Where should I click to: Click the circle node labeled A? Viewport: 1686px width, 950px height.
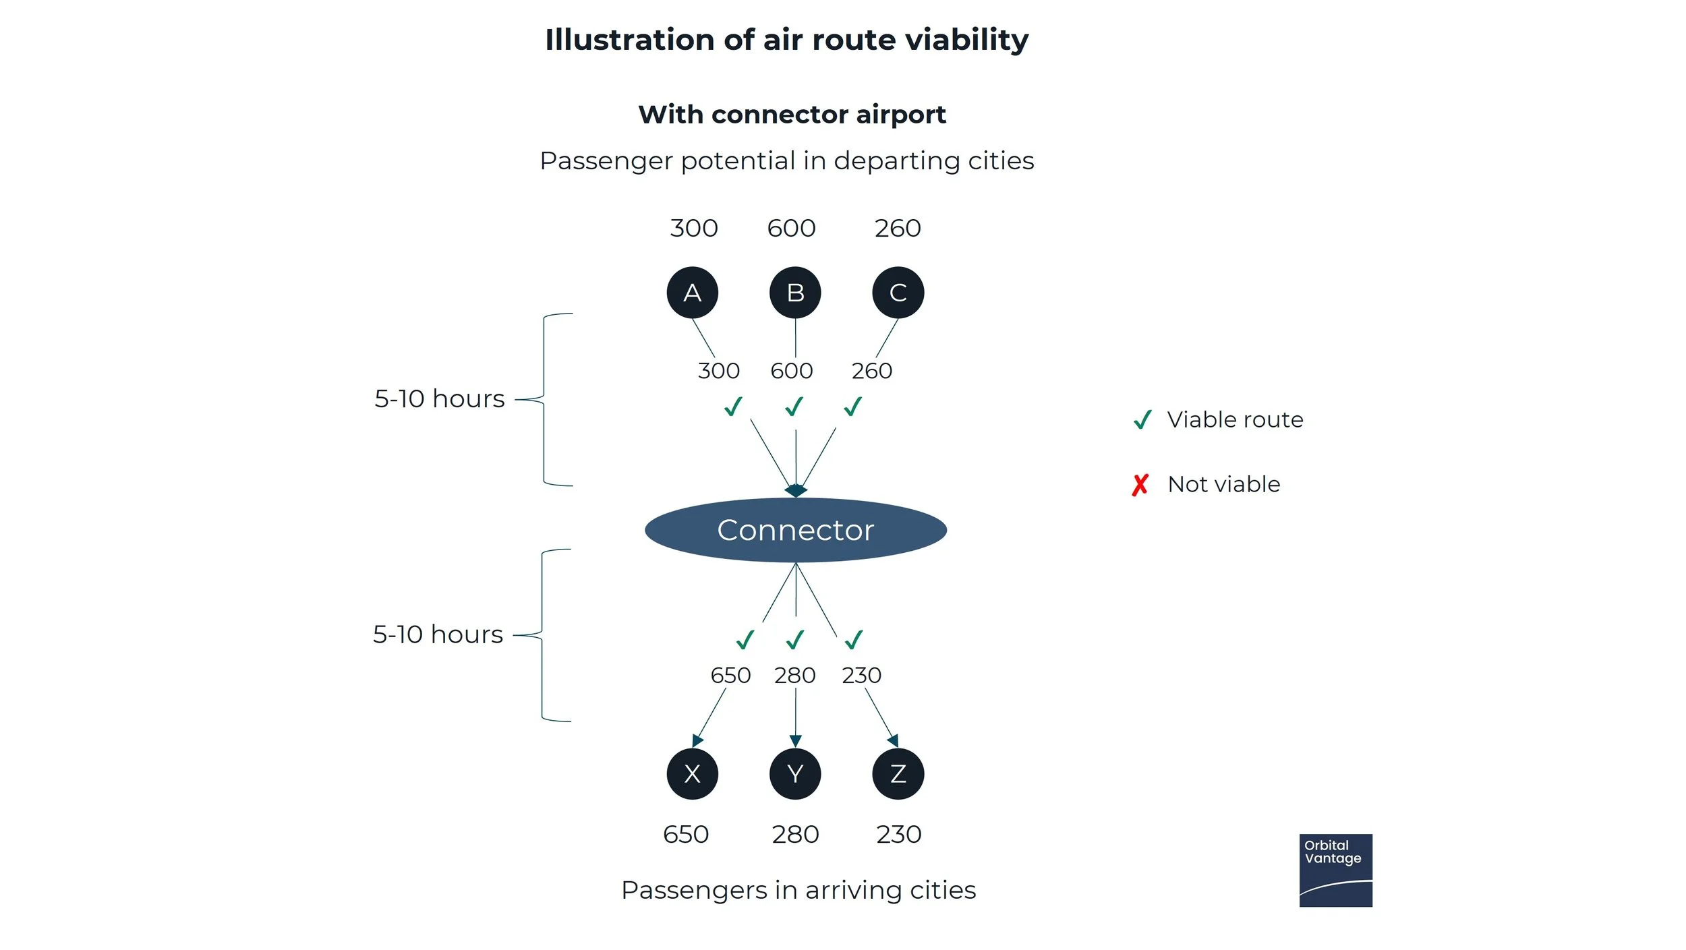point(692,293)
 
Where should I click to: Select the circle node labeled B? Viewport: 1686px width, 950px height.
point(795,293)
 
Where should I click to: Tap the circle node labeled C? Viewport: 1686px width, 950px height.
point(898,293)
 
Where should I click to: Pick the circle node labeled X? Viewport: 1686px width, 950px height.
point(692,773)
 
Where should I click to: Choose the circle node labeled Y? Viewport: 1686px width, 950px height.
point(795,773)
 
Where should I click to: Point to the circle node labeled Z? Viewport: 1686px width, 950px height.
point(898,773)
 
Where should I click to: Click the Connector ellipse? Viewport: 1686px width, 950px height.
point(795,530)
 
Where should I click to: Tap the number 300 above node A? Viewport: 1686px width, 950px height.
point(693,229)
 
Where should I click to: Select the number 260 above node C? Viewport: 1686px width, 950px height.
point(898,229)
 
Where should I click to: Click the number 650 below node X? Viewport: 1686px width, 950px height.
point(686,835)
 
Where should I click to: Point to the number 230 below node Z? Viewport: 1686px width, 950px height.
point(898,835)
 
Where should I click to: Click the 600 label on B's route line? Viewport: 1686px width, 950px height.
point(792,371)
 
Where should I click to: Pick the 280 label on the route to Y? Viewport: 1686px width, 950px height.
point(794,675)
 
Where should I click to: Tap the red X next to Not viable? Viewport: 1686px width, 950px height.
point(1140,485)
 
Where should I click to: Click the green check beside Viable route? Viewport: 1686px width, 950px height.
point(1142,420)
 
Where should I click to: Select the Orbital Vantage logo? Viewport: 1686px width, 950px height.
point(1335,870)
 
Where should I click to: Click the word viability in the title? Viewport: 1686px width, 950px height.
point(966,40)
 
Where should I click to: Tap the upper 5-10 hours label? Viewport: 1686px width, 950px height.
point(439,399)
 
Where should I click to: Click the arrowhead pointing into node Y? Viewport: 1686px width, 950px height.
point(795,741)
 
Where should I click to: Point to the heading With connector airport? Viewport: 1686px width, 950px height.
point(792,115)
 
